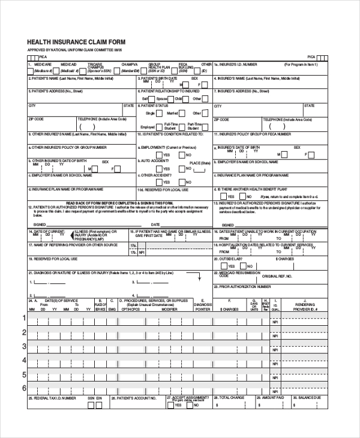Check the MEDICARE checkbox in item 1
(31, 71)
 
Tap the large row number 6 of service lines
(25, 388)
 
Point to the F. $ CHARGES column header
(229, 308)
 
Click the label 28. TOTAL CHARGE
(230, 397)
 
